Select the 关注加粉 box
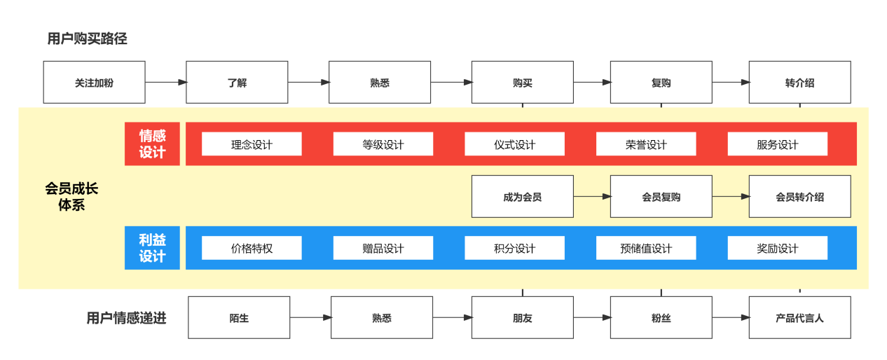(x=95, y=83)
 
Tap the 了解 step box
(x=237, y=83)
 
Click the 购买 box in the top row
(x=522, y=83)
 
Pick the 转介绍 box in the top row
(x=799, y=83)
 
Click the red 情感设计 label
(x=152, y=144)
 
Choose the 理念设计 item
(x=252, y=144)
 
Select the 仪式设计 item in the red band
(x=514, y=144)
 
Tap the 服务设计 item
(x=777, y=144)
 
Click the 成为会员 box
(x=522, y=197)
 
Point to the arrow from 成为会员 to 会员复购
(x=592, y=197)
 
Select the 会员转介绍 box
(x=799, y=197)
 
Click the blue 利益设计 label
(x=152, y=248)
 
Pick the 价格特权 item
(x=252, y=248)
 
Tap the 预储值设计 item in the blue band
(x=646, y=248)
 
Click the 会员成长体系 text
(x=71, y=197)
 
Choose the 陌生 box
(x=239, y=318)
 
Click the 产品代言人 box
(x=799, y=318)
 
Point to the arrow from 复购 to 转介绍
(x=730, y=83)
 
